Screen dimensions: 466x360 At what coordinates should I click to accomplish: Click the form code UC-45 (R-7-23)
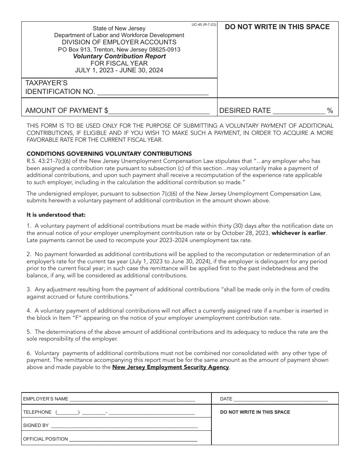coord(204,25)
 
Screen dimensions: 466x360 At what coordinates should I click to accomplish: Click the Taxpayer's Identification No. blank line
coord(153,93)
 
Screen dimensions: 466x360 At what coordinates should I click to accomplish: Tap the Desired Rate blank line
coord(299,112)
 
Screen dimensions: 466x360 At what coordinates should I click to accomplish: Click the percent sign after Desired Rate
coord(330,111)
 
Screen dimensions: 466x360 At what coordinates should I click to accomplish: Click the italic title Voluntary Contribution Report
coord(119,56)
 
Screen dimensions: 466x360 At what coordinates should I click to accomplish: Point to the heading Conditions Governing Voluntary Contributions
coord(109,153)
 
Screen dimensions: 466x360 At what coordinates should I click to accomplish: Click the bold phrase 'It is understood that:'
coord(56,215)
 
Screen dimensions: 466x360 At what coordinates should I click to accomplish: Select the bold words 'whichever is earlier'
coord(299,233)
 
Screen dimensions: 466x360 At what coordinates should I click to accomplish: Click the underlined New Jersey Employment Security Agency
coord(171,367)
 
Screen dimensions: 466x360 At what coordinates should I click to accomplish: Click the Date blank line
coord(281,399)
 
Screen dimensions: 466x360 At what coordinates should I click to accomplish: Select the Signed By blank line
coord(124,426)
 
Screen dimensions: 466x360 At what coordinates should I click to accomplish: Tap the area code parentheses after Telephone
coord(67,413)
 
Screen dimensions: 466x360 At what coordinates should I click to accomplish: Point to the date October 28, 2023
coord(247,233)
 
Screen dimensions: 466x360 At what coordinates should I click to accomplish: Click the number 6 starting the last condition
coord(28,353)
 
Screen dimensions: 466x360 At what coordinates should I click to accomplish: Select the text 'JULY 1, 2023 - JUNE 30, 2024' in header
coord(119,70)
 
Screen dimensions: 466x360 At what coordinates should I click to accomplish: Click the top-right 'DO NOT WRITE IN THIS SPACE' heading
coord(277,27)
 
